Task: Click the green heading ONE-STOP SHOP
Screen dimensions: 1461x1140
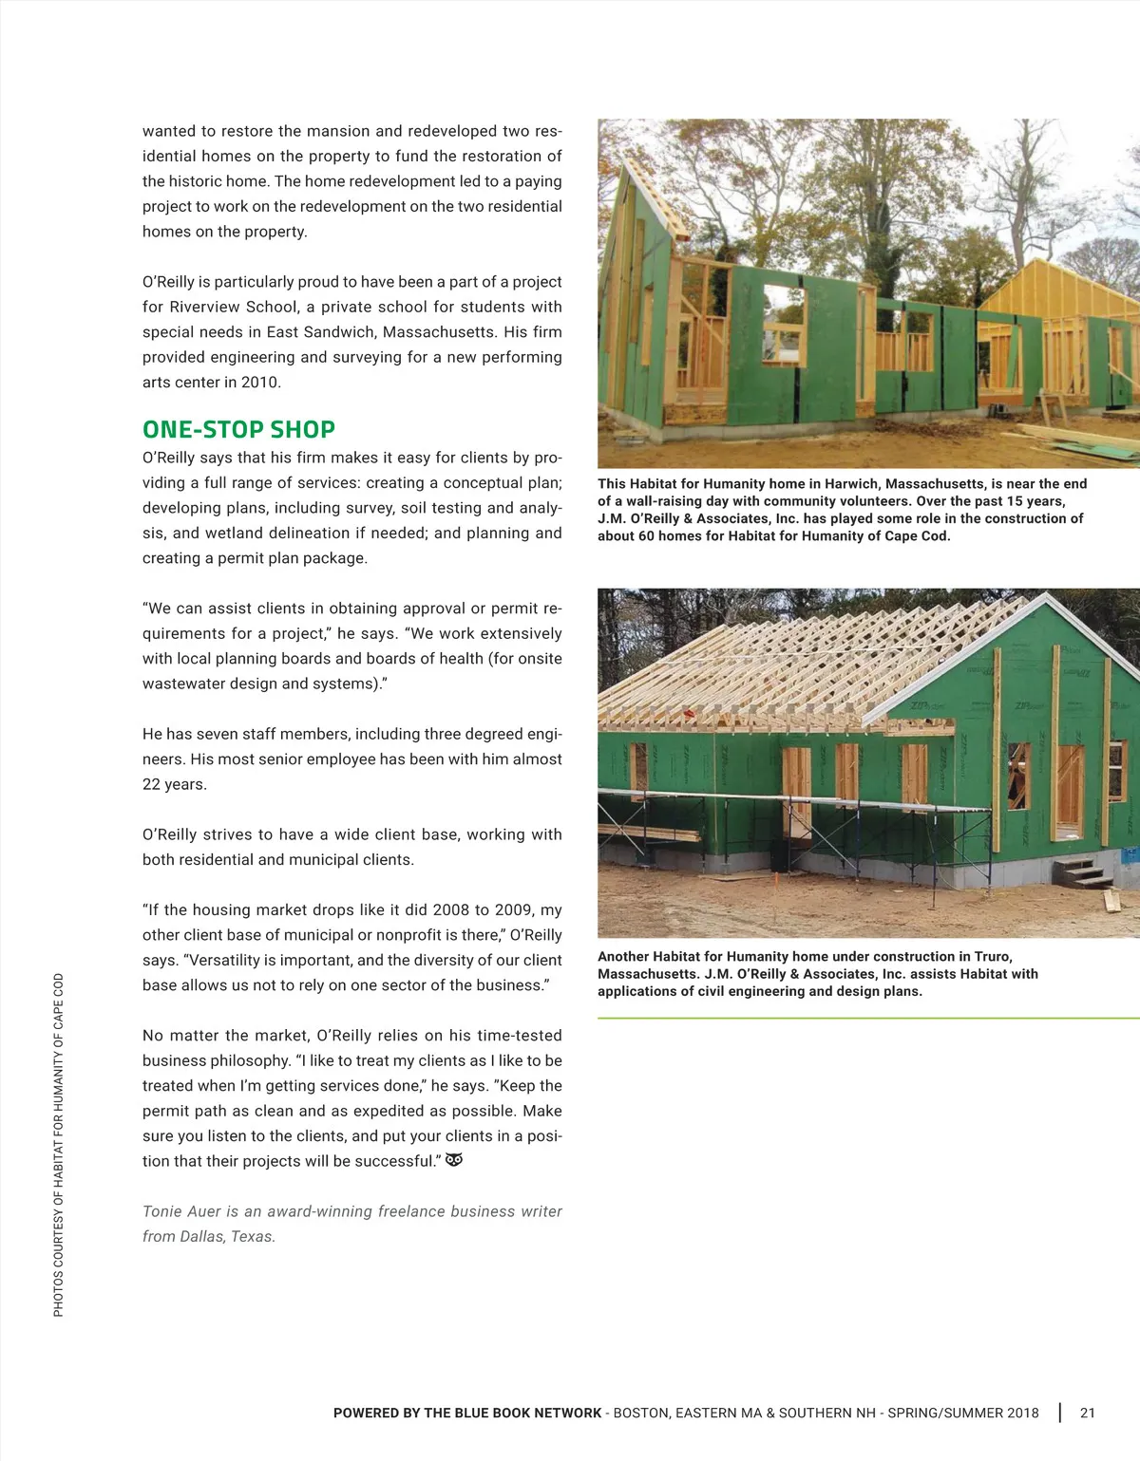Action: click(x=238, y=430)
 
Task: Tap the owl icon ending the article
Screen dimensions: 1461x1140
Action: click(x=454, y=1160)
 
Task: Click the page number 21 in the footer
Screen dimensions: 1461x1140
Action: click(x=1088, y=1413)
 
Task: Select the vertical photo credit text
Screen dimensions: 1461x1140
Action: click(x=59, y=1144)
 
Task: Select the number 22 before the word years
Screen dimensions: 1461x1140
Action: click(x=152, y=784)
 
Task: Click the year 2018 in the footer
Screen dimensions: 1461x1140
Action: click(x=1022, y=1413)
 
